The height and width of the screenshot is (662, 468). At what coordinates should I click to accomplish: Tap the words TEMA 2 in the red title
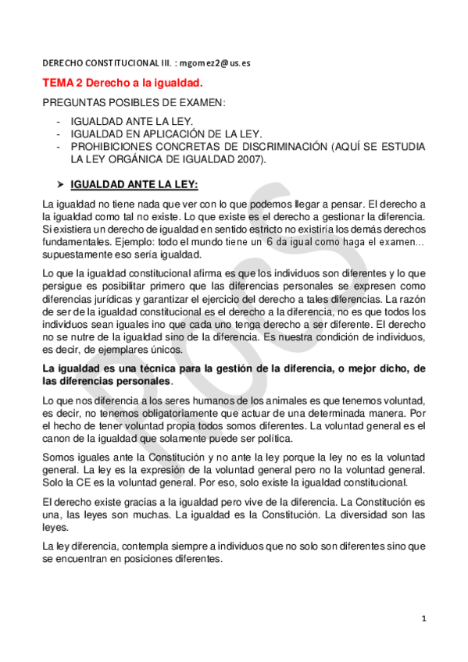point(62,82)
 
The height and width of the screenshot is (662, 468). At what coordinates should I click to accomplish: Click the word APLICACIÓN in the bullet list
point(169,133)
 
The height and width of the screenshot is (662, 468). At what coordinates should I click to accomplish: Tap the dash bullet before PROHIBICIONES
point(59,146)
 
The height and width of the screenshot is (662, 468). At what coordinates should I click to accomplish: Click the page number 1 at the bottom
point(423,618)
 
